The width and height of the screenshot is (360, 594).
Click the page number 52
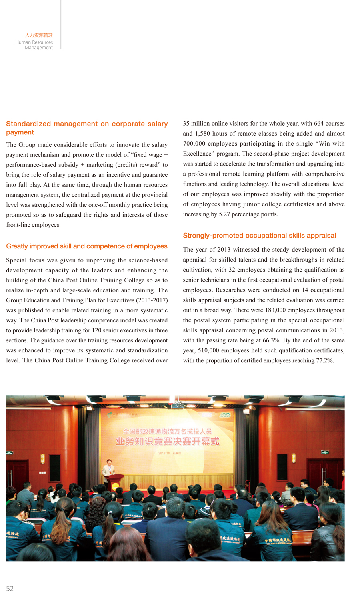(x=10, y=588)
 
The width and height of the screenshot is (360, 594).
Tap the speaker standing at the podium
(x=108, y=468)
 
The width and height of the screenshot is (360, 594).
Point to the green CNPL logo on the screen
(x=225, y=415)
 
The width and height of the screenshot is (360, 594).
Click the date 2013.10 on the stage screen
(x=164, y=453)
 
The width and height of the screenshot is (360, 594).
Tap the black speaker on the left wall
(x=54, y=467)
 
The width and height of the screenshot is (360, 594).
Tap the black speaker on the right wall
(x=282, y=467)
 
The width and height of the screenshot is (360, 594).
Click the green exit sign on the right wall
(x=325, y=452)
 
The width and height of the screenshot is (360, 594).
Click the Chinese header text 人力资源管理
(x=39, y=35)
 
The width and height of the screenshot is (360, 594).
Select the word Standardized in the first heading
(x=28, y=124)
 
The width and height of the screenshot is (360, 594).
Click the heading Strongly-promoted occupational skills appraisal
(x=259, y=236)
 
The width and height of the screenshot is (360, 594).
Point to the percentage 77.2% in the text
(x=325, y=360)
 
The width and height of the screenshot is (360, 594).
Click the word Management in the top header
(x=38, y=48)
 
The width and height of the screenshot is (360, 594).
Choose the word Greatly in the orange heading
(x=17, y=246)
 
